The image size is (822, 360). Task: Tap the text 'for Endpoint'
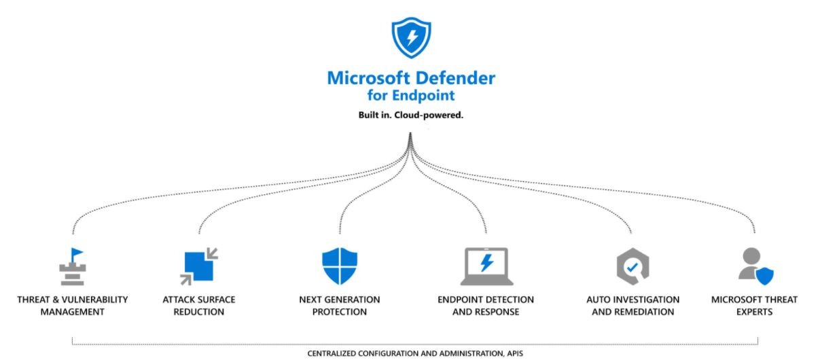(411, 96)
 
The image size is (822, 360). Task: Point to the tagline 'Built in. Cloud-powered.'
(411, 115)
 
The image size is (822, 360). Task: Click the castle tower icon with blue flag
(72, 267)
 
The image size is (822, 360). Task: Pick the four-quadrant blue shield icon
(340, 266)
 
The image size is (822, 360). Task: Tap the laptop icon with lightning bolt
(486, 266)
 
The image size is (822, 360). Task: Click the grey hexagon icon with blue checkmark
(632, 267)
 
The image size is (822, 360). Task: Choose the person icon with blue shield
(755, 266)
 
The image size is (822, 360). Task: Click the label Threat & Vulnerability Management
(72, 306)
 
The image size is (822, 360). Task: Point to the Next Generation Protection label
(340, 306)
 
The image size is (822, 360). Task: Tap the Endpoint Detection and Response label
(486, 306)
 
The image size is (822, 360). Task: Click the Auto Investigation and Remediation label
(632, 306)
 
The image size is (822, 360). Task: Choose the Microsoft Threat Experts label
(754, 306)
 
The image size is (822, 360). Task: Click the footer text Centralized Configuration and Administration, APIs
(415, 353)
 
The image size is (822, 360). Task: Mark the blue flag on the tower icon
(77, 253)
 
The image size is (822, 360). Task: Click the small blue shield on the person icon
(765, 276)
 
